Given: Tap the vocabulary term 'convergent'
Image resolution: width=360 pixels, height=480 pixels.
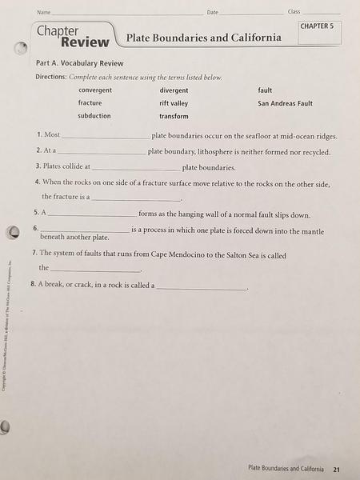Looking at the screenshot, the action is point(95,90).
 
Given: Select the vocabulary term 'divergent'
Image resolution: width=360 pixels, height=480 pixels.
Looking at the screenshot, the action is point(174,90).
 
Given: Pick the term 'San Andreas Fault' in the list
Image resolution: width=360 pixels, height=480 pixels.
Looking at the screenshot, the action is point(285,103).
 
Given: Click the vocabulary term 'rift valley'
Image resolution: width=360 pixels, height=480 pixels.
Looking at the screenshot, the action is point(174,103).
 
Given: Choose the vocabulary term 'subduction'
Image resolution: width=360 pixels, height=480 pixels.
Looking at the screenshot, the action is point(94,116).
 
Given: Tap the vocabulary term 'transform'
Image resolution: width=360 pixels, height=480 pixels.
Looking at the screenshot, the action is point(174,117).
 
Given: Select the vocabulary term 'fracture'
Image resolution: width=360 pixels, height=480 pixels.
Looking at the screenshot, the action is point(90,103).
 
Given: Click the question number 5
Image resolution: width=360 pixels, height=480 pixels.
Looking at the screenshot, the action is point(37,214).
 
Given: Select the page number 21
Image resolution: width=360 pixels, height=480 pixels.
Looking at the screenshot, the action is point(337,469).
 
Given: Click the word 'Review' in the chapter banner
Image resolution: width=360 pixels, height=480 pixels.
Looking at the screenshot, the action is point(84,41).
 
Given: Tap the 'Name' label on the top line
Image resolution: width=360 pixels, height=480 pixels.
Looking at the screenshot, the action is point(43,12).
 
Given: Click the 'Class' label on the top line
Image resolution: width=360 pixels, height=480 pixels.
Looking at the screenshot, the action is point(294,12).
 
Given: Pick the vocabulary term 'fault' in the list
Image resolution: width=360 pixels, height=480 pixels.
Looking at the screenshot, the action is point(265,90).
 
